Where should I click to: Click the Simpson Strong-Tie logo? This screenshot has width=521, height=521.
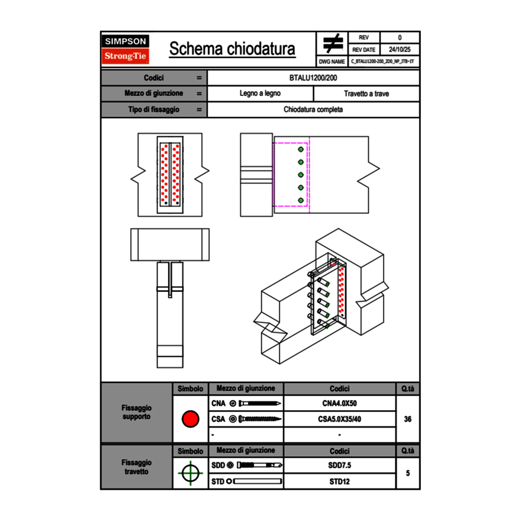click(126, 49)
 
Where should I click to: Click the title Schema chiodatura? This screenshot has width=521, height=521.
click(232, 49)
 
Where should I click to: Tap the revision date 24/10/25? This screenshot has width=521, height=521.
click(400, 50)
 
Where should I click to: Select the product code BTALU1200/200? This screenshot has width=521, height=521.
click(314, 78)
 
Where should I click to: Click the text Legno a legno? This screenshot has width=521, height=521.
click(260, 94)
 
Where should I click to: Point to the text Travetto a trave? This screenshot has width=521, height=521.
click(366, 94)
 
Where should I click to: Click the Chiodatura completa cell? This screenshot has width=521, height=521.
click(313, 110)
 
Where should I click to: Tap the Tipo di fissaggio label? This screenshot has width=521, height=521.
click(154, 110)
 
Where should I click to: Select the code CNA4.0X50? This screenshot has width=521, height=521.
click(339, 403)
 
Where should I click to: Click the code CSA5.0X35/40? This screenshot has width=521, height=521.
click(339, 419)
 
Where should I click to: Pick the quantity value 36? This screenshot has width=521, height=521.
click(407, 419)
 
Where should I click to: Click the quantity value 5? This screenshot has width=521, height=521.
click(407, 473)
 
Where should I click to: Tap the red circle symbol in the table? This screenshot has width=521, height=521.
click(190, 419)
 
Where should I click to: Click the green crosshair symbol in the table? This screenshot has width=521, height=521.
click(190, 473)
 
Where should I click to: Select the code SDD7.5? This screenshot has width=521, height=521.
click(339, 465)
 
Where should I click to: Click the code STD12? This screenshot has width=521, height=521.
click(339, 481)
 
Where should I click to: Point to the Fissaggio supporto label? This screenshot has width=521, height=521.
click(136, 412)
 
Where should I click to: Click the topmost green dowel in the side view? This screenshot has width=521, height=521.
click(301, 149)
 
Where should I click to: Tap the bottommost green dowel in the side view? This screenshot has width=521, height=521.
click(301, 200)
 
